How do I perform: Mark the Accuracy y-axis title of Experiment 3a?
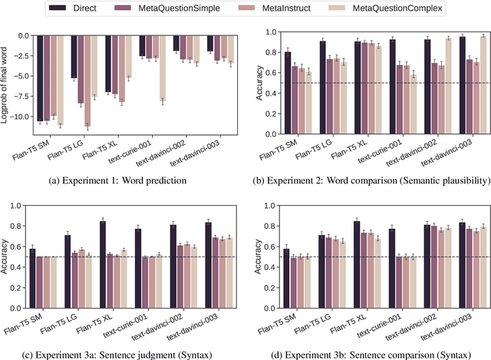(10, 258)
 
